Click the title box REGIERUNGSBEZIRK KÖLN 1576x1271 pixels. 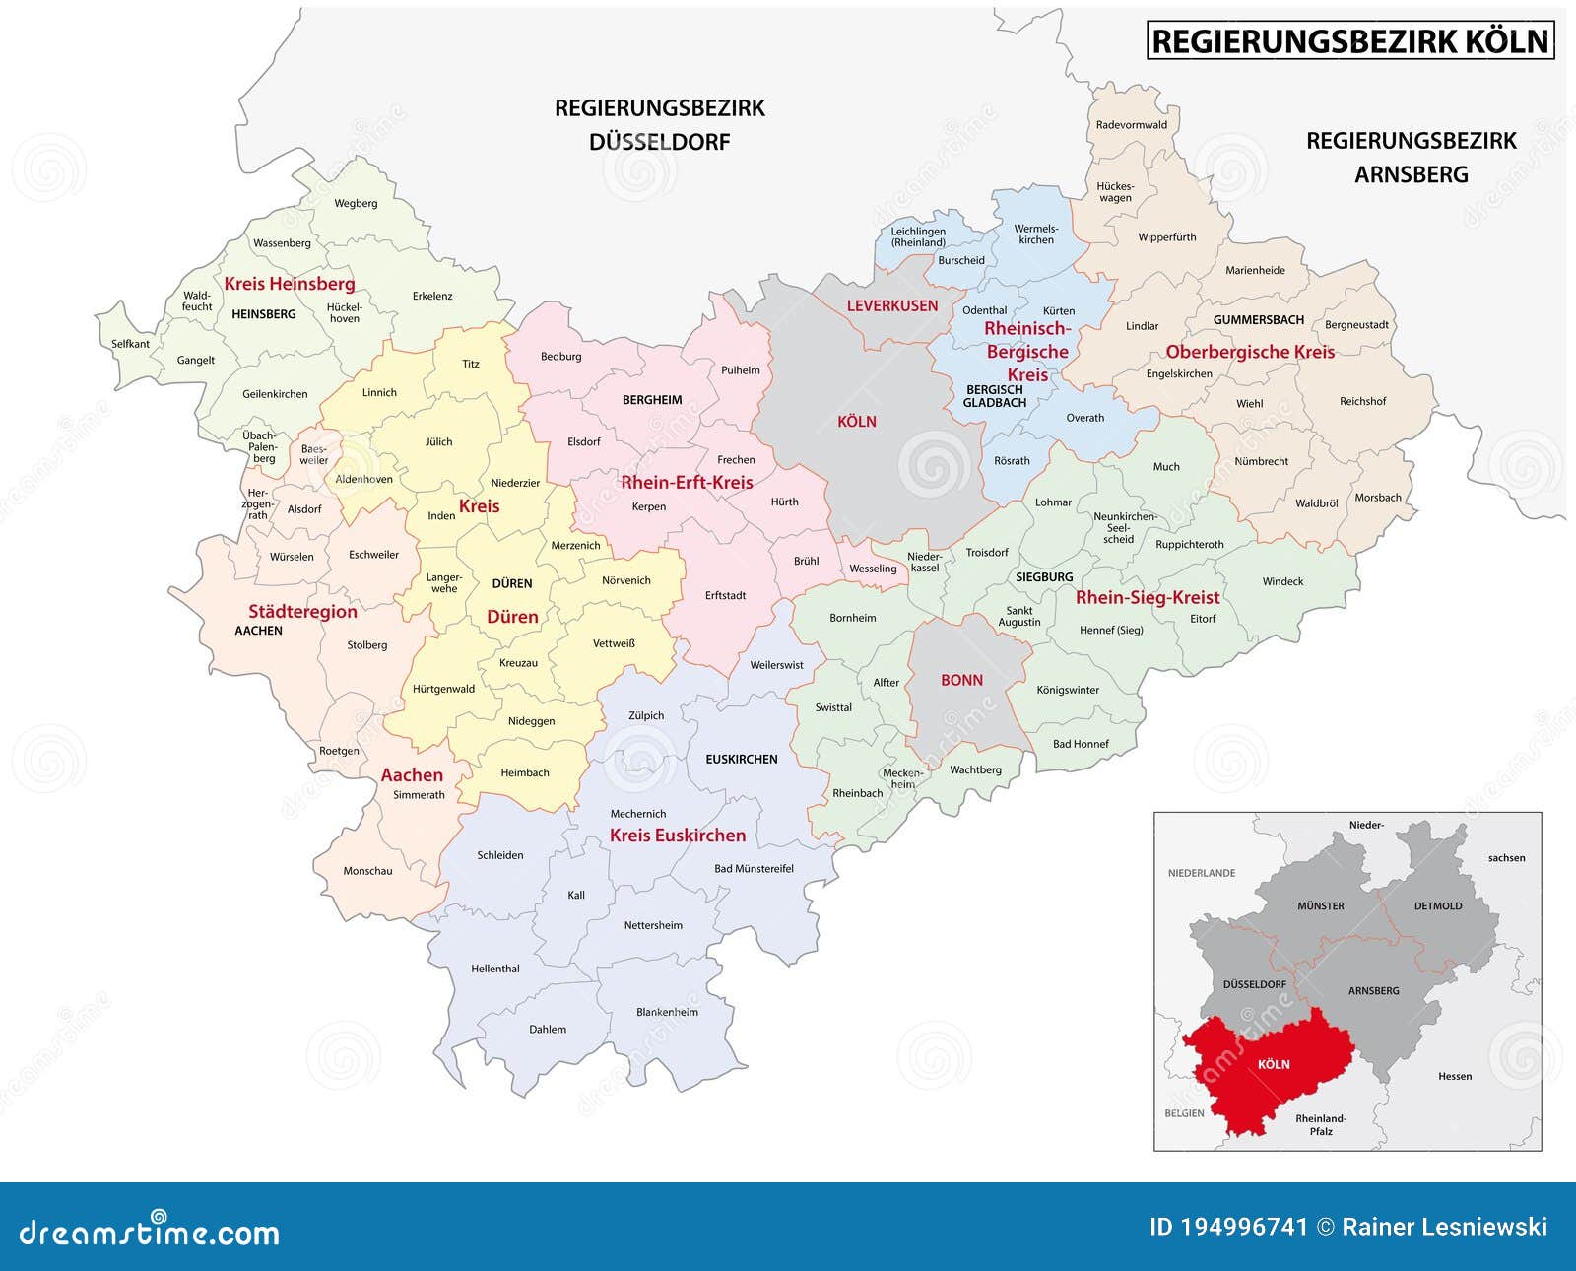point(1350,41)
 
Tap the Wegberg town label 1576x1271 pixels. point(356,203)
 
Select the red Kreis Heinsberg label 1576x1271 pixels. point(290,284)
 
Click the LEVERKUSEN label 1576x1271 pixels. point(892,305)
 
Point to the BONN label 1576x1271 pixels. point(961,680)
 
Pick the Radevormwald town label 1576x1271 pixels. point(1132,125)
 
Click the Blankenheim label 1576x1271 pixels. point(667,1012)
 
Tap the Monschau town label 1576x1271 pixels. point(367,871)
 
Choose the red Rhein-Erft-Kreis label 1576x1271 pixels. point(687,483)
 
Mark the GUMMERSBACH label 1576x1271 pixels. point(1258,320)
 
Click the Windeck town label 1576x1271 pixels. point(1282,581)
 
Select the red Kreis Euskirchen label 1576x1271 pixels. point(678,836)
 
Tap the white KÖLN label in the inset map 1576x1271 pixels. point(1274,1064)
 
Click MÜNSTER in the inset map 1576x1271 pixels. point(1320,905)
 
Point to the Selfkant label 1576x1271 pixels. point(130,344)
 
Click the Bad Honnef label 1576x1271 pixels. point(1081,744)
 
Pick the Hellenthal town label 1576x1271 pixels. point(494,969)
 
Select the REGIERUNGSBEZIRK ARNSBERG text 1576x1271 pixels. point(1412,158)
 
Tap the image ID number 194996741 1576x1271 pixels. point(1244,1227)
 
